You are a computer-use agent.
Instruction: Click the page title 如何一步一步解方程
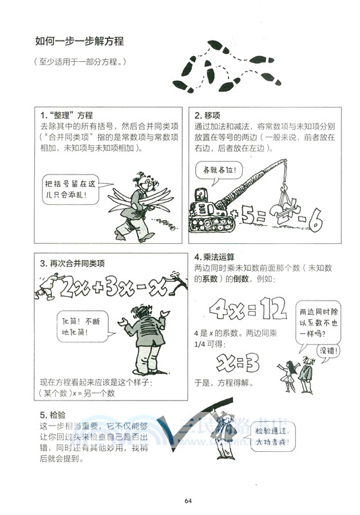79,42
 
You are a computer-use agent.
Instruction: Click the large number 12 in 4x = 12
269,313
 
